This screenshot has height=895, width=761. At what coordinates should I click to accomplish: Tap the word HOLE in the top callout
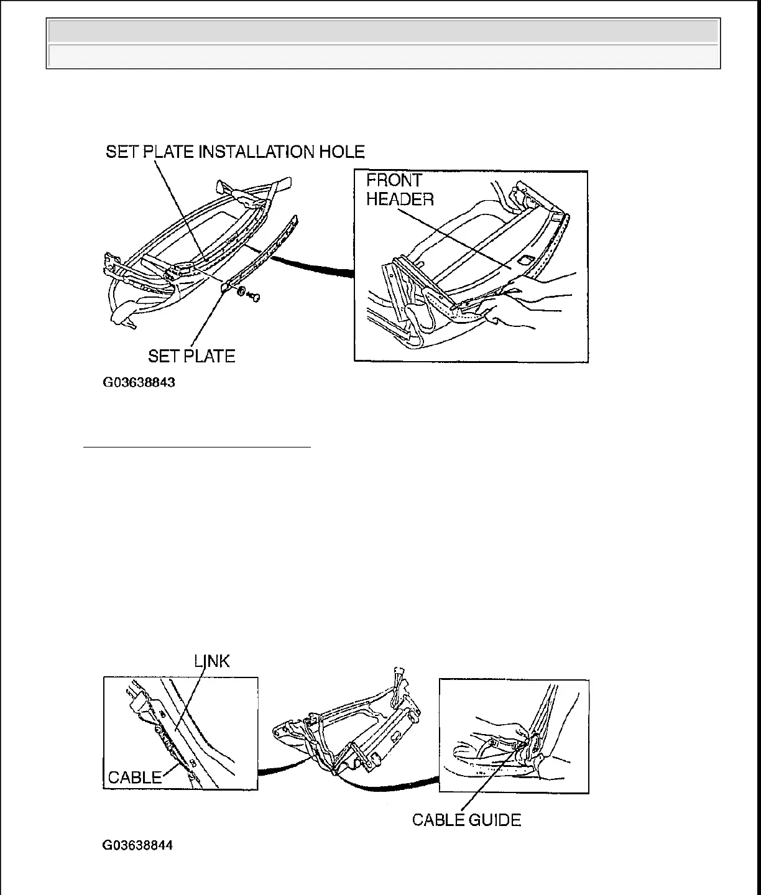341,152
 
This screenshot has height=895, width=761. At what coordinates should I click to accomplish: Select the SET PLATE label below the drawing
191,356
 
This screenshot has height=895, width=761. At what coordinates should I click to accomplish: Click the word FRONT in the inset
394,181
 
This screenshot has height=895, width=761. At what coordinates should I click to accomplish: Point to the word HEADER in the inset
400,200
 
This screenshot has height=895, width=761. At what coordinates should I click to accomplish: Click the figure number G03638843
139,382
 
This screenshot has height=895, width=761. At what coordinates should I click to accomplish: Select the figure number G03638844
138,846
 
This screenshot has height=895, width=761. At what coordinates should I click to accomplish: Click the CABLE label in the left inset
135,777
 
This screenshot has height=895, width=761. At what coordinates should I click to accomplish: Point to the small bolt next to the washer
254,299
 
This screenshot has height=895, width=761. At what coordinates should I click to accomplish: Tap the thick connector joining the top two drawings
311,264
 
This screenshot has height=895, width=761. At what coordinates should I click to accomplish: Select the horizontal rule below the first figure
196,446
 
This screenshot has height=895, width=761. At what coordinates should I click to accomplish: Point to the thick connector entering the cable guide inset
398,786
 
